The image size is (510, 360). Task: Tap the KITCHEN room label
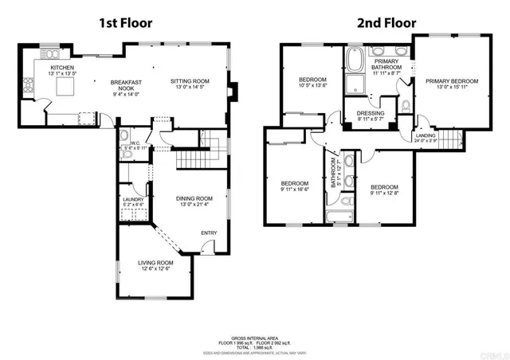click(62, 68)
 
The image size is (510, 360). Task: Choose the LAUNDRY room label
click(131, 200)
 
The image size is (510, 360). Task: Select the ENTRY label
click(209, 233)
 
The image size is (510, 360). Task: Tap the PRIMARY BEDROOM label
click(451, 81)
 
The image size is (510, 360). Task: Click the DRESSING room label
click(371, 113)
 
